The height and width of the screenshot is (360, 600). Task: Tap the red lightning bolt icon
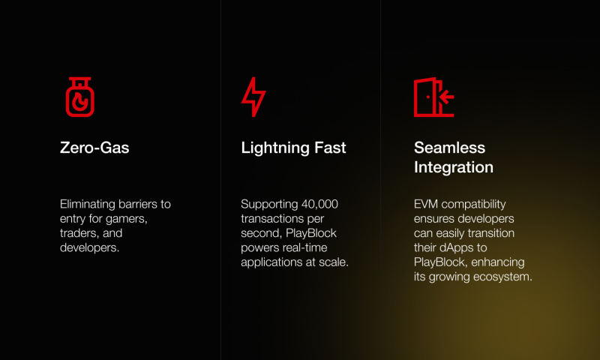point(253,97)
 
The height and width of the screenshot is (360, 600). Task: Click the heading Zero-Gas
point(94,148)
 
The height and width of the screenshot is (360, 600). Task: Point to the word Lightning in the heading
point(274,148)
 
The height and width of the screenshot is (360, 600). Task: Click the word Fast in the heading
point(330,148)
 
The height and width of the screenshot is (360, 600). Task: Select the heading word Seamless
point(449,148)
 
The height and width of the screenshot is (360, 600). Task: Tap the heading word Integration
point(454,167)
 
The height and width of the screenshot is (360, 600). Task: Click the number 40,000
point(319,204)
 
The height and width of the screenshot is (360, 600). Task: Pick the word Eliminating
point(88,204)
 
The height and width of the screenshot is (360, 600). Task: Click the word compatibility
point(473,205)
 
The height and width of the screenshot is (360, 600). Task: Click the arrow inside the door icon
point(446,97)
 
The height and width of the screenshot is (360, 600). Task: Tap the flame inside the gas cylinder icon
point(80,102)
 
